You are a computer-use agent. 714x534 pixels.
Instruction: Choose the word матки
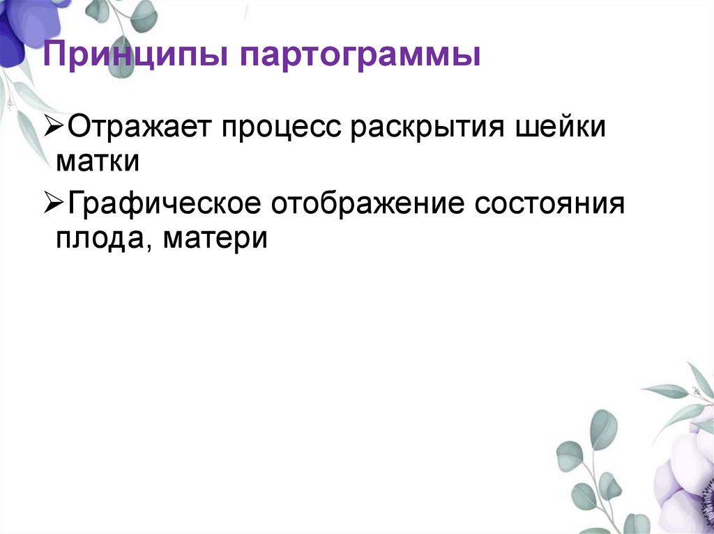point(98,161)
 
